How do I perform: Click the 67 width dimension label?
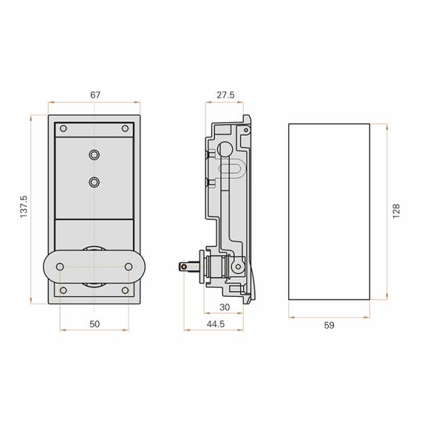(x=94, y=94)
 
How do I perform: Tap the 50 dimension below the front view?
(x=95, y=324)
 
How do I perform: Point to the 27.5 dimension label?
(x=225, y=94)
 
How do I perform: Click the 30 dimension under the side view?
(x=225, y=307)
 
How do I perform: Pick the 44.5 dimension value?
(x=216, y=324)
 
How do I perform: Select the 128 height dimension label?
(x=396, y=211)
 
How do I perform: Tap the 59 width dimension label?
(x=329, y=325)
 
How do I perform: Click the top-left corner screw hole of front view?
(x=64, y=129)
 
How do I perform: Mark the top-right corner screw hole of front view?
(x=125, y=129)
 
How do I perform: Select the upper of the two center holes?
(x=95, y=154)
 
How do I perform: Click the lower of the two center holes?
(x=95, y=182)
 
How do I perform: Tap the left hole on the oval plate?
(x=60, y=266)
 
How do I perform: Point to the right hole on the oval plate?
(x=129, y=266)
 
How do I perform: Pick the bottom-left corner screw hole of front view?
(x=64, y=290)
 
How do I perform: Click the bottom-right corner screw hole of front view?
(x=125, y=290)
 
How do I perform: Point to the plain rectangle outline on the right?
(x=329, y=211)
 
